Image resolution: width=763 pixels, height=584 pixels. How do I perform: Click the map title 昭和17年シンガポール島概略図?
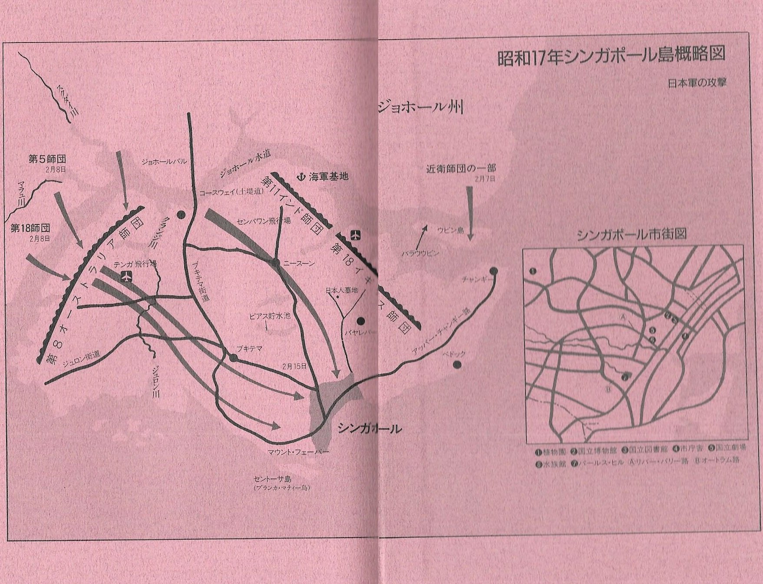click(611, 57)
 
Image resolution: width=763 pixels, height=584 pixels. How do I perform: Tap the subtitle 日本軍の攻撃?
click(697, 83)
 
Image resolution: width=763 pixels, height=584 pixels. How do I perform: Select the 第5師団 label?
click(47, 159)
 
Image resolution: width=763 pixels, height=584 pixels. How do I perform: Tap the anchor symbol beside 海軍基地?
click(300, 177)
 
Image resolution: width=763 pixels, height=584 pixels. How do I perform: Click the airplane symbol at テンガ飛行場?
click(126, 276)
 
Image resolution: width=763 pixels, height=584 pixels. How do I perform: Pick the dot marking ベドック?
click(457, 364)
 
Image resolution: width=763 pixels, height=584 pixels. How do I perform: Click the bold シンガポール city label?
click(369, 429)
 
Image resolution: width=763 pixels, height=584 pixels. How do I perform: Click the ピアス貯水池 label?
click(270, 316)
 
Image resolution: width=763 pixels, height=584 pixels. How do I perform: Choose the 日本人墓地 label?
click(341, 290)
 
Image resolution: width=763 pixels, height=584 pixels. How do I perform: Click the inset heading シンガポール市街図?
click(631, 234)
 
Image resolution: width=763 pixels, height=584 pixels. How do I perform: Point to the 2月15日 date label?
click(294, 366)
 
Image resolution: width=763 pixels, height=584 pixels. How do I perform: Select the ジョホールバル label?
click(164, 162)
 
